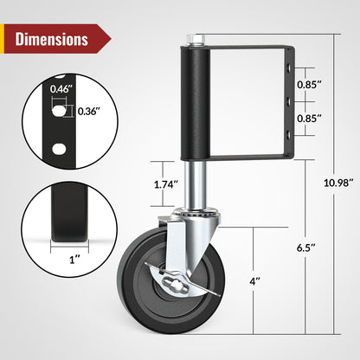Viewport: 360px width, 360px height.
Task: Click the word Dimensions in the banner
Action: (x=51, y=39)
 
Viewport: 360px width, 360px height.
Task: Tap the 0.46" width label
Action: (x=61, y=89)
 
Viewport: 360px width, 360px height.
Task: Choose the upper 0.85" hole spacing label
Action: (x=311, y=85)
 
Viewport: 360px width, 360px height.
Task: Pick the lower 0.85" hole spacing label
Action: (x=311, y=118)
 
